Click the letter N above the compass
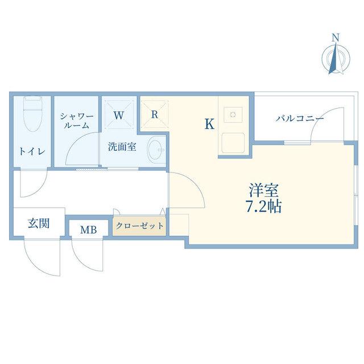(x=335, y=38)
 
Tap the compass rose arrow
(x=336, y=59)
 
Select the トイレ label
(x=32, y=152)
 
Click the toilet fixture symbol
(x=33, y=114)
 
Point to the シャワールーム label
(x=77, y=121)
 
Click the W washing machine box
(x=119, y=115)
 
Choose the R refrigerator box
(x=154, y=114)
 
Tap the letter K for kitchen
(x=209, y=124)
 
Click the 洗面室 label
(x=122, y=147)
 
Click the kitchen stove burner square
(x=233, y=115)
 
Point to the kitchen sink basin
(x=233, y=143)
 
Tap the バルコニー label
(x=300, y=119)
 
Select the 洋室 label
(x=263, y=190)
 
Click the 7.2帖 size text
(x=263, y=206)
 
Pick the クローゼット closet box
(x=139, y=226)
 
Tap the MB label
(x=89, y=230)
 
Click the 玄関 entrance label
(x=39, y=224)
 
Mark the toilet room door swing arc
(x=39, y=189)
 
